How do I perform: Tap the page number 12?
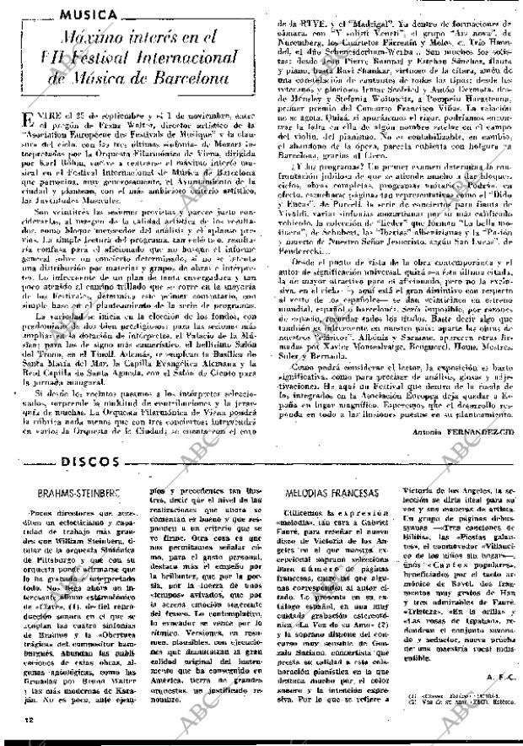[19, 722]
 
